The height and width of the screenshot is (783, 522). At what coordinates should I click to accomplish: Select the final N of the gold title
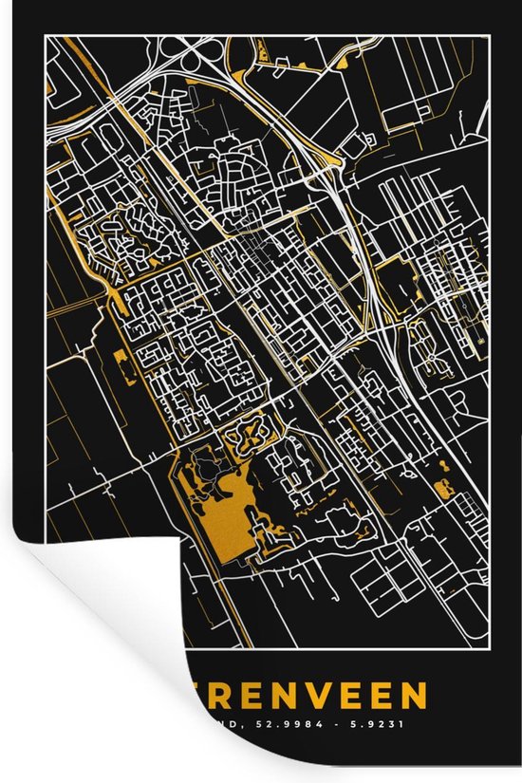point(412,698)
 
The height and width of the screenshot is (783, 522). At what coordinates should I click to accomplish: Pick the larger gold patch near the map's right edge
point(442,489)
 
